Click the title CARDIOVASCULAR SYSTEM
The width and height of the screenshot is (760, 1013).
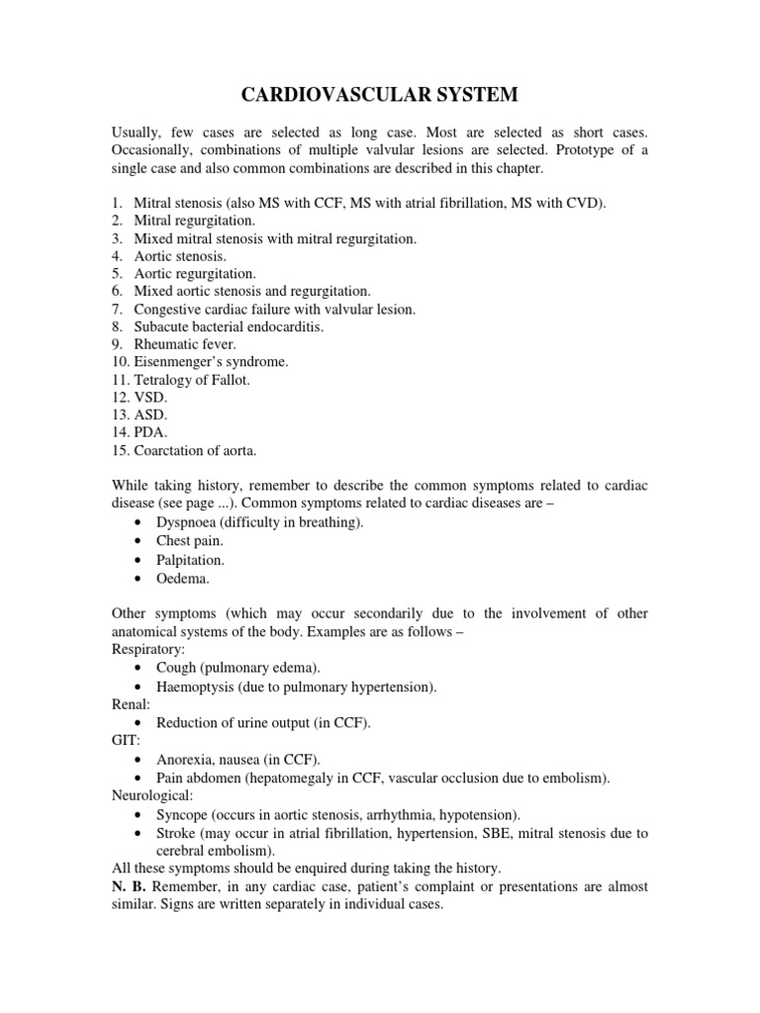(380, 95)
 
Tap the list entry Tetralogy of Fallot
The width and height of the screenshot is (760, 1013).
(193, 380)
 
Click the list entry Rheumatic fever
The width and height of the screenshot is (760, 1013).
(185, 344)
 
